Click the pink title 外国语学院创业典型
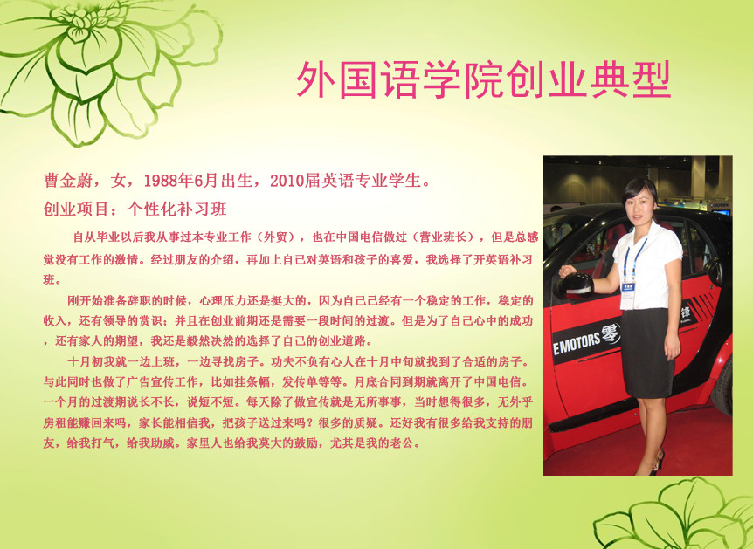[x=483, y=79]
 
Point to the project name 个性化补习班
[x=176, y=209]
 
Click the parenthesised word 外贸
[x=276, y=237]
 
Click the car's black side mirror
[x=577, y=285]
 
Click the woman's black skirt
[x=648, y=353]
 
